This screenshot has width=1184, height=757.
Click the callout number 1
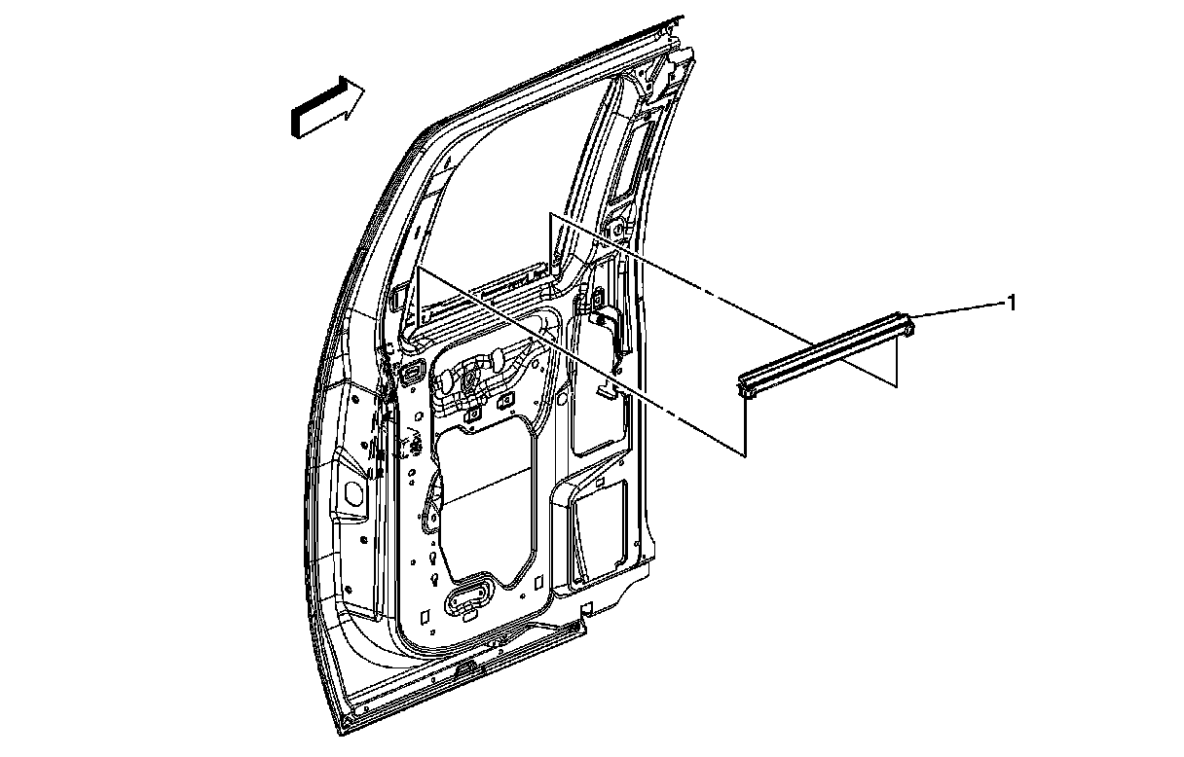(1011, 304)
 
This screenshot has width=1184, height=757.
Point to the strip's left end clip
(748, 389)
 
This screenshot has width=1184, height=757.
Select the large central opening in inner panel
(485, 506)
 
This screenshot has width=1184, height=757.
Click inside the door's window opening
(506, 195)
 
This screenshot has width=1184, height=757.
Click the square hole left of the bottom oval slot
(425, 615)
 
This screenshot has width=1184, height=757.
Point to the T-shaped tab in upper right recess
(608, 389)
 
